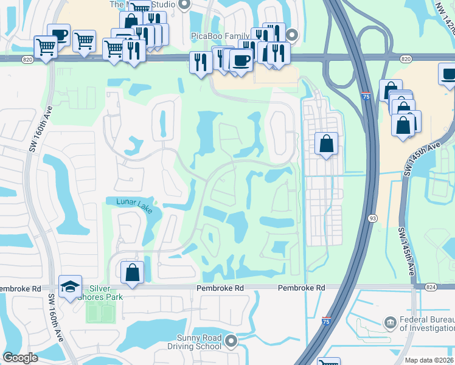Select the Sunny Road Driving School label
coord(190,342)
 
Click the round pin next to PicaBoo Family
coord(292,35)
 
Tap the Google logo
coord(20,358)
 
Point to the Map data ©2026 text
coord(429,360)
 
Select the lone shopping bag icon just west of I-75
coord(327,144)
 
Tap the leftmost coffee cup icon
coord(58,34)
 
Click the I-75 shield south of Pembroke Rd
coord(327,321)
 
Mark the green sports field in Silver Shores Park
coord(100,313)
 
